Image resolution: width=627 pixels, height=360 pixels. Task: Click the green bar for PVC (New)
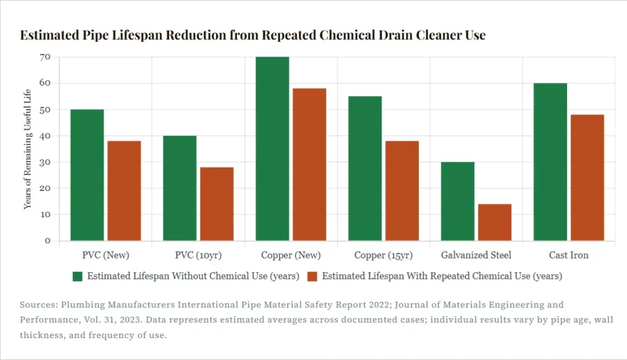87,174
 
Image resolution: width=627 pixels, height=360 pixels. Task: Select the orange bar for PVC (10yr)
217,204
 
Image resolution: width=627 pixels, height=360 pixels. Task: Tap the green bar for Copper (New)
272,148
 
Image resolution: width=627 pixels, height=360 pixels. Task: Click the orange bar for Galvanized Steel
495,222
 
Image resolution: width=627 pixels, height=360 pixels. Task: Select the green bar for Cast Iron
550,162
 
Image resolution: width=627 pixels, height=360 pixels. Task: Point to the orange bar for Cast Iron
587,178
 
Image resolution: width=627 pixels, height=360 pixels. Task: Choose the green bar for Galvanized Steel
457,201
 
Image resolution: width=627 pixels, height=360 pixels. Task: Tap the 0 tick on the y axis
47,241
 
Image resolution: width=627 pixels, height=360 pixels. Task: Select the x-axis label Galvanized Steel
476,255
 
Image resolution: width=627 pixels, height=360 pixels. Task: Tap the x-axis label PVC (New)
105,255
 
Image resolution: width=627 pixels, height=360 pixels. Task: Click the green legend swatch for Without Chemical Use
77,276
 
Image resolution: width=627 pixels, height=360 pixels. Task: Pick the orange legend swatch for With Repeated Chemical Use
312,276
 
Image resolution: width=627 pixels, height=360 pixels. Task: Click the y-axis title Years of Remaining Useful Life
28,149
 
